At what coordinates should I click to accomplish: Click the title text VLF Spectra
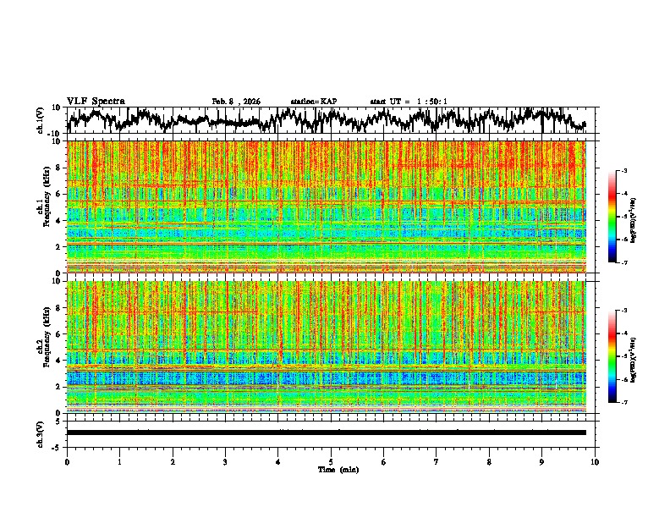(x=96, y=101)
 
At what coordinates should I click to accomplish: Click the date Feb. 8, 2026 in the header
(x=236, y=102)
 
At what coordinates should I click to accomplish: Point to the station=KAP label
(x=314, y=102)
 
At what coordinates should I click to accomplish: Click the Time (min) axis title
(x=338, y=469)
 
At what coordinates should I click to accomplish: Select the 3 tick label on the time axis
(x=225, y=461)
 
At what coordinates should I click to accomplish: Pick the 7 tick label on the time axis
(x=437, y=461)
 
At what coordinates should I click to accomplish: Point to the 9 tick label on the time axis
(x=542, y=461)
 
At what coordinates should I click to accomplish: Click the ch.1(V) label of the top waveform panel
(x=41, y=120)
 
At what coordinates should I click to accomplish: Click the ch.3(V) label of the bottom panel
(x=41, y=433)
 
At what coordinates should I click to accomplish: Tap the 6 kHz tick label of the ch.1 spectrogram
(x=56, y=194)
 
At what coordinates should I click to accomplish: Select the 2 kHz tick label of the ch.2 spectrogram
(x=56, y=387)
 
